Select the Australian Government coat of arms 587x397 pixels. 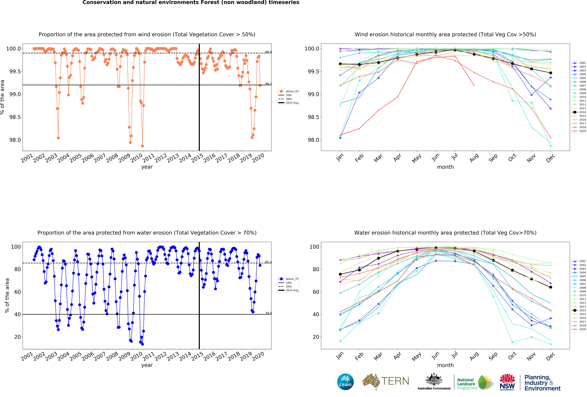[434, 379]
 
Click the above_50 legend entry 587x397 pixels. [292, 91]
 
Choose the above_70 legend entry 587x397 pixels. [292, 279]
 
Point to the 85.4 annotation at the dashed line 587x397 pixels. [268, 262]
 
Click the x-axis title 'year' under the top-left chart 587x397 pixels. [147, 167]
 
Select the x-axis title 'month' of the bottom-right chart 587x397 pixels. [445, 365]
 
